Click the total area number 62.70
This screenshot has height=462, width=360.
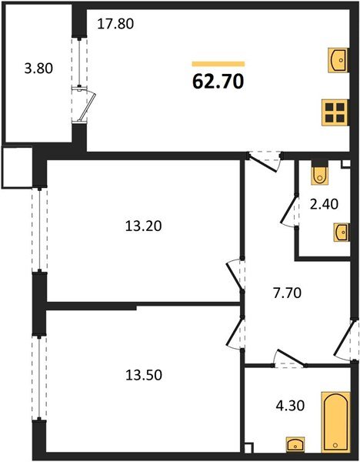[x=218, y=81]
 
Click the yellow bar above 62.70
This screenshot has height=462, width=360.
[x=218, y=64]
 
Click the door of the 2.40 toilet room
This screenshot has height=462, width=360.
[x=291, y=210]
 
